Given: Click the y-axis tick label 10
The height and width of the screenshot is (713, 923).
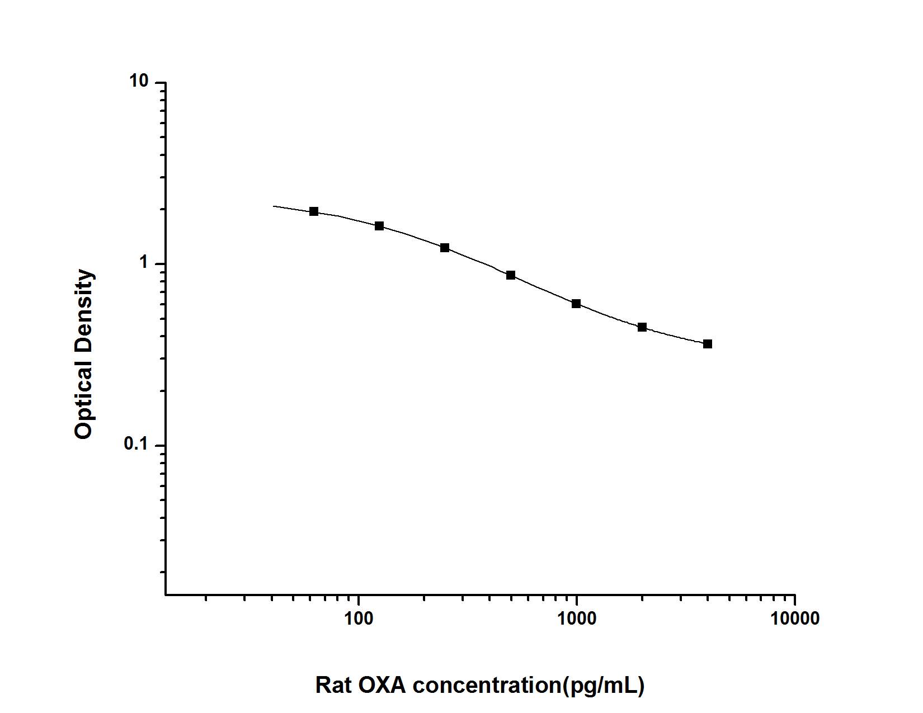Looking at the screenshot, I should click(x=140, y=82).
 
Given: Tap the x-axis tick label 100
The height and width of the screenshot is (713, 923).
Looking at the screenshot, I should click(x=359, y=618).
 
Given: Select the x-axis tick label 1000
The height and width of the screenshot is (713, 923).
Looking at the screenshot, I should click(x=576, y=618).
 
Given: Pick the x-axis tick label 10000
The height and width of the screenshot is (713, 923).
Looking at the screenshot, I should click(x=794, y=618).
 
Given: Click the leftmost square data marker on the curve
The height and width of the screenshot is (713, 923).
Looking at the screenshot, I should click(x=314, y=211).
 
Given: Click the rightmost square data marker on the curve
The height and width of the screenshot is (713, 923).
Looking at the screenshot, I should click(x=708, y=344).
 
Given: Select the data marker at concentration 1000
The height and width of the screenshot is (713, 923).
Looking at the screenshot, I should click(x=576, y=304).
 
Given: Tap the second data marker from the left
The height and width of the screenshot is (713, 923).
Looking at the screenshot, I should click(x=379, y=226).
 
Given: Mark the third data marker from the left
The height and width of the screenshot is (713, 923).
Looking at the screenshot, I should click(x=445, y=248).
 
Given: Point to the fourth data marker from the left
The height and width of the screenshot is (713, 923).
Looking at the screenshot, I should click(x=511, y=275).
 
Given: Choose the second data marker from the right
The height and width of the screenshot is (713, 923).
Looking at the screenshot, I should click(x=642, y=327).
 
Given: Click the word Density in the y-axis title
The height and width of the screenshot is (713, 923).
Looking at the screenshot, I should click(x=84, y=306).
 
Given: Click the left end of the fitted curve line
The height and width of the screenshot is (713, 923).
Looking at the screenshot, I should click(x=274, y=206).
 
